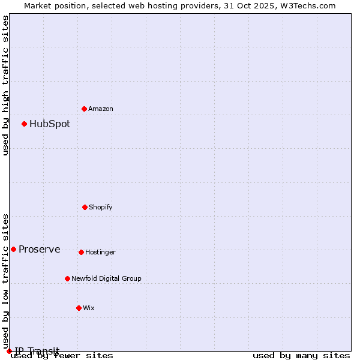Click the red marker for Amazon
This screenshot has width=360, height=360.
[x=84, y=109]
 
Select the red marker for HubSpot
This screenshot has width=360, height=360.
[x=24, y=124]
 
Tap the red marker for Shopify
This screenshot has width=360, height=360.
[x=85, y=207]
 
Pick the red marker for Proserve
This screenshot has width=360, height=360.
[x=13, y=249]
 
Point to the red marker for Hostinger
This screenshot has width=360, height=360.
[x=81, y=252]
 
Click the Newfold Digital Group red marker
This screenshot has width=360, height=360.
[x=67, y=278]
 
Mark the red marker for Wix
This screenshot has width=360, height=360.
[x=79, y=308]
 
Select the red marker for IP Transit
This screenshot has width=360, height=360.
[x=9, y=351]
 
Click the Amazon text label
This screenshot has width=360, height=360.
[x=101, y=109]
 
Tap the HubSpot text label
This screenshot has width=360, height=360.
[x=50, y=124]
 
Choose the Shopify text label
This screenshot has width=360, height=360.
[x=101, y=207]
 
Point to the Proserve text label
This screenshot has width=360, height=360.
[x=40, y=250]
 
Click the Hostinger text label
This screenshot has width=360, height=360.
[x=100, y=252]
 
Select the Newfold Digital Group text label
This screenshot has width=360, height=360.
[x=107, y=278]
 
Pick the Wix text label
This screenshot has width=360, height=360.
[x=89, y=308]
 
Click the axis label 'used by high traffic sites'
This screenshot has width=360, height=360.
[x=6, y=85]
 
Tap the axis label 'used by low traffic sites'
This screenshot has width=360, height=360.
[x=6, y=277]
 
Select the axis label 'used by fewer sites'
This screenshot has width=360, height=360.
[x=62, y=356]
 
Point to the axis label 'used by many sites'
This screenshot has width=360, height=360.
[x=301, y=356]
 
